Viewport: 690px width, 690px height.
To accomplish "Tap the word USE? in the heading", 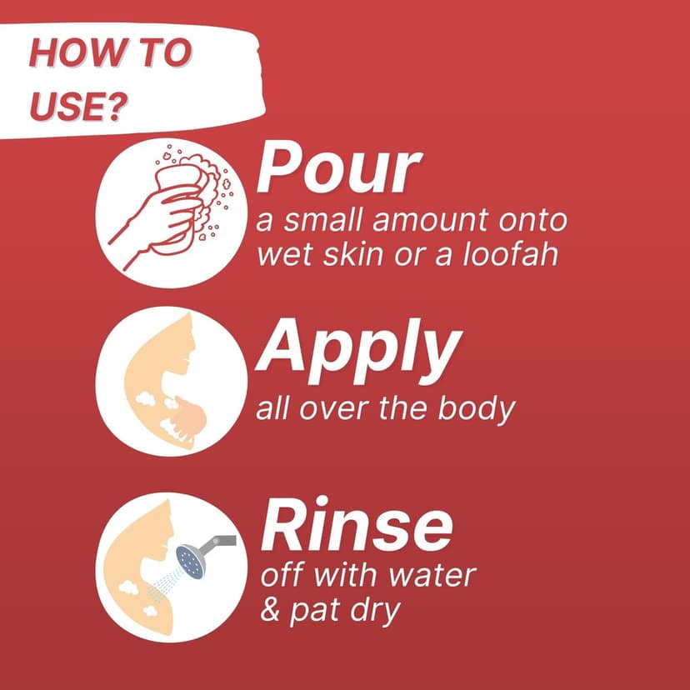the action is pos(78,106).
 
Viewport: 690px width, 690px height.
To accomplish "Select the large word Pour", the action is pos(338,167).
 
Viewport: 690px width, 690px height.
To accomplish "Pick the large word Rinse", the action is pos(356,524).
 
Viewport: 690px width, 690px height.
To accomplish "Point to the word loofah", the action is pos(511,253).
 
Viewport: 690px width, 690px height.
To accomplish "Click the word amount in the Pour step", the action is pos(430,220).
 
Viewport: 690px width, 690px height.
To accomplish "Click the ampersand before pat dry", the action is pos(270,609).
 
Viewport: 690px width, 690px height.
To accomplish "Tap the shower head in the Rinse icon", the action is pos(190,562).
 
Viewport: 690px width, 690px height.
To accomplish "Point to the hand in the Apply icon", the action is pos(190,419).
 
